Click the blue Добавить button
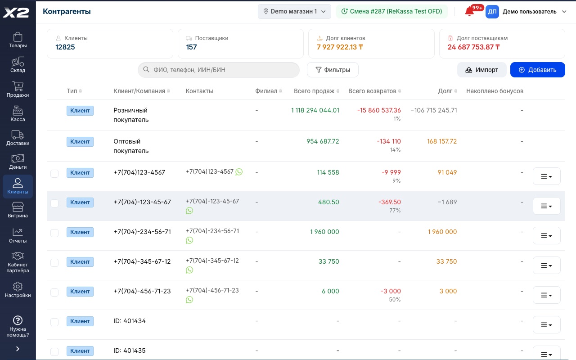(537, 70)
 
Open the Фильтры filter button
(333, 70)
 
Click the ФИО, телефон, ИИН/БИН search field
(219, 70)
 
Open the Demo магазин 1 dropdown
(294, 11)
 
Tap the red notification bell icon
(469, 12)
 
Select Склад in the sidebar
(18, 65)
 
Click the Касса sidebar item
(18, 114)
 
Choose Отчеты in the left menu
(18, 235)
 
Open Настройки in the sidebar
(18, 290)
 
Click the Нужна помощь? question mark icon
(18, 320)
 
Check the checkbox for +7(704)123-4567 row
(54, 174)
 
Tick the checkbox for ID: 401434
(54, 322)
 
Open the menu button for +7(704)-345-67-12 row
(546, 265)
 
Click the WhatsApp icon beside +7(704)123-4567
(239, 172)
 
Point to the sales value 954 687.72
(323, 141)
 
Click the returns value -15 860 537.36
(379, 110)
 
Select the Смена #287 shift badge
(391, 11)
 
